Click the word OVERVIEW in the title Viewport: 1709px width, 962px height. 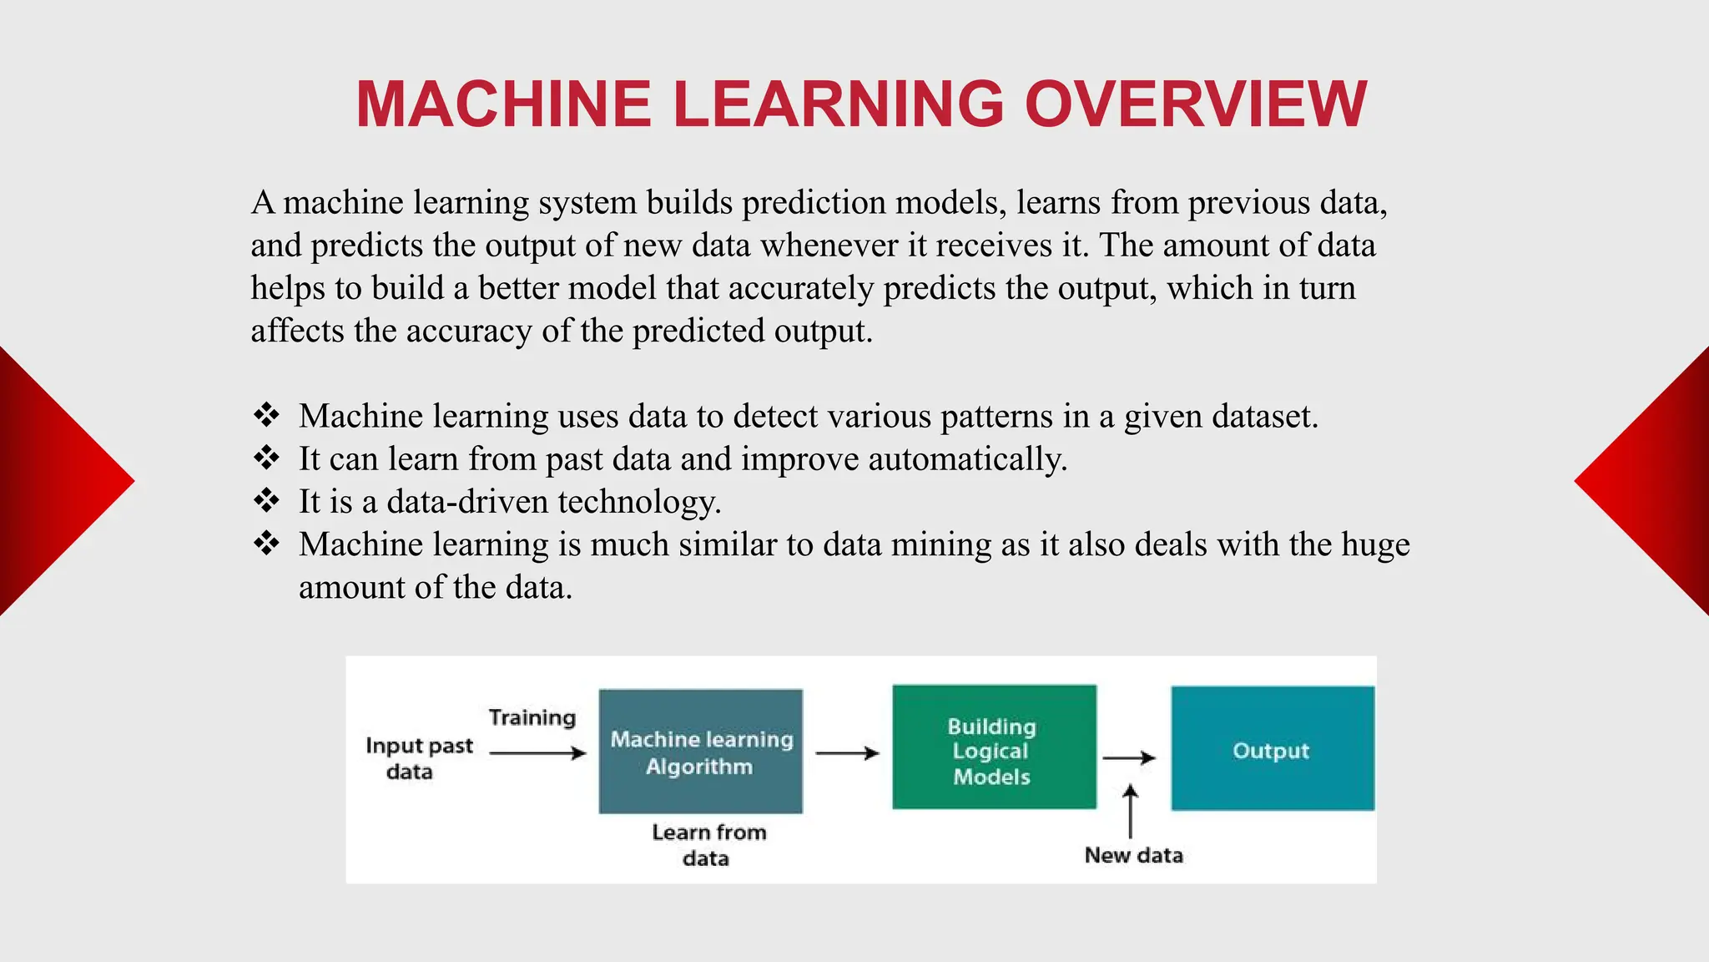pyautogui.click(x=1195, y=104)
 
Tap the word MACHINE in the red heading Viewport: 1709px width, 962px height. pyautogui.click(x=503, y=104)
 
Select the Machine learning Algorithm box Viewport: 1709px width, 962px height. pyautogui.click(x=701, y=752)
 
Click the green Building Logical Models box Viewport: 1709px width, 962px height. pyautogui.click(x=993, y=747)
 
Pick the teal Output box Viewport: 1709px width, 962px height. pyautogui.click(x=1272, y=749)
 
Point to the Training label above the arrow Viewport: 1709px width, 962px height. pyautogui.click(x=532, y=717)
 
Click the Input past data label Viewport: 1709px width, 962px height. pyautogui.click(x=418, y=757)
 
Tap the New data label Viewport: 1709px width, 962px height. pyautogui.click(x=1133, y=855)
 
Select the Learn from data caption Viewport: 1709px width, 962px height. pyautogui.click(x=708, y=844)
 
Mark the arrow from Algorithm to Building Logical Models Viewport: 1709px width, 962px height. pyautogui.click(x=847, y=753)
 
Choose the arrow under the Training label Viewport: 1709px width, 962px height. pyautogui.click(x=537, y=753)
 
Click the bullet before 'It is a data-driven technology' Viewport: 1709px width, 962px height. pyautogui.click(x=266, y=500)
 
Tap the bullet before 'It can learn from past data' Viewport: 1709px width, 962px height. pyautogui.click(x=266, y=458)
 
